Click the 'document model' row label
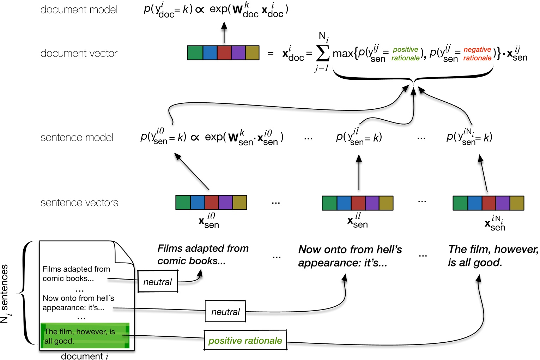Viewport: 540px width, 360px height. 79,10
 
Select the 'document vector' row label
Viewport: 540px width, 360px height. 79,53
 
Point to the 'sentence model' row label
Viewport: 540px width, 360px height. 77,137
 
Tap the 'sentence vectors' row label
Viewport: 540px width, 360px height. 79,203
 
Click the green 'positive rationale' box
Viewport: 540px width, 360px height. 245,340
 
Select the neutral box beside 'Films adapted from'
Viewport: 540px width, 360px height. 157,282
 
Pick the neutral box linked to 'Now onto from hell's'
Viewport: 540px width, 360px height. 225,312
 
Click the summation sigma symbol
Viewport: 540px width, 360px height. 322,53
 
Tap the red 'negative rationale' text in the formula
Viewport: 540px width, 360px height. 477,54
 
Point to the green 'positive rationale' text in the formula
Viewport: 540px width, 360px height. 406,54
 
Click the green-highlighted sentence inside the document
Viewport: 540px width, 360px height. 85,336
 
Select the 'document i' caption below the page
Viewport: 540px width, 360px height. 85,356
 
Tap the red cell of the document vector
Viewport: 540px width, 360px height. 224,53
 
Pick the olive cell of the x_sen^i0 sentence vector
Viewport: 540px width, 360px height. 240,202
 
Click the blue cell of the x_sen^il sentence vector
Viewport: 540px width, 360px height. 344,203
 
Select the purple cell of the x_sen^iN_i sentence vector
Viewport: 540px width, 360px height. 503,203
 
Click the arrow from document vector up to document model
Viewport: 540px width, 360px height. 224,32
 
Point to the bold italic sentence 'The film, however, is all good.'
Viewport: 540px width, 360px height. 493,256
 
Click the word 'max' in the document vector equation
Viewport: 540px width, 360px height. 342,53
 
